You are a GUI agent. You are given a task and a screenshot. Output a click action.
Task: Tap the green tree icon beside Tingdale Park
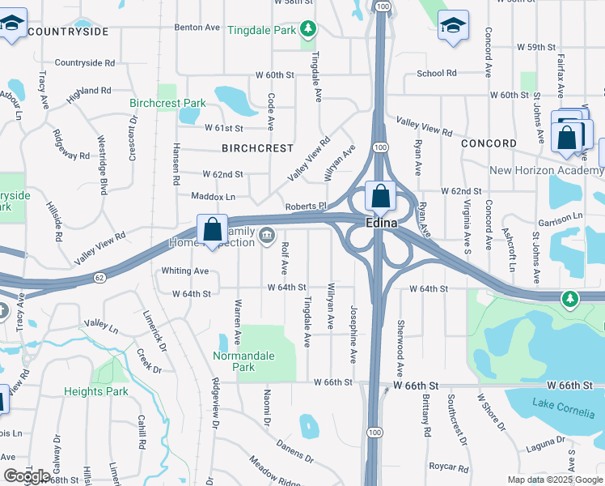pyautogui.click(x=307, y=30)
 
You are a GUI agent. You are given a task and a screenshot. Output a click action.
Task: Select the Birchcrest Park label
pyautogui.click(x=167, y=103)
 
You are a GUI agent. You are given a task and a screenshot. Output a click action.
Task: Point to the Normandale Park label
pyautogui.click(x=243, y=361)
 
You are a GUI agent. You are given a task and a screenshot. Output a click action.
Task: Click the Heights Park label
pyautogui.click(x=96, y=391)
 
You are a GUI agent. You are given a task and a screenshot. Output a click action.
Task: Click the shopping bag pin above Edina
pyautogui.click(x=380, y=196)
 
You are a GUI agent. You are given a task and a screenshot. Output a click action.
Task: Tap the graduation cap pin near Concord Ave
pyautogui.click(x=453, y=25)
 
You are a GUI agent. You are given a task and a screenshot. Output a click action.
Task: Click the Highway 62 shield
pyautogui.click(x=100, y=277)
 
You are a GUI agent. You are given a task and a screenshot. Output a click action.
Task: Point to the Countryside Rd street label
pyautogui.click(x=85, y=62)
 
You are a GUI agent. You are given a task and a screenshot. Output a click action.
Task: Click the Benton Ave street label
pyautogui.click(x=197, y=27)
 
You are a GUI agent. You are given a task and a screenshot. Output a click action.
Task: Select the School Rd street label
pyautogui.click(x=437, y=73)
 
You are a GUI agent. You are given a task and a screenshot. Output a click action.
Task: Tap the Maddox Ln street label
pyautogui.click(x=213, y=196)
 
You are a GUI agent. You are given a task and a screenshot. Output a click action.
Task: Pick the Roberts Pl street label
pyautogui.click(x=305, y=206)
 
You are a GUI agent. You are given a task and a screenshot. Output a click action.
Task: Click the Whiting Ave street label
pyautogui.click(x=185, y=271)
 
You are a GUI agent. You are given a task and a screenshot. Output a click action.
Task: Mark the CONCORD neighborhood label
pyautogui.click(x=489, y=143)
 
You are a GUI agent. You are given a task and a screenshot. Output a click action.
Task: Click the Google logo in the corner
pyautogui.click(x=27, y=476)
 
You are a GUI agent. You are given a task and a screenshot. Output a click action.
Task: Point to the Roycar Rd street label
pyautogui.click(x=450, y=467)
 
